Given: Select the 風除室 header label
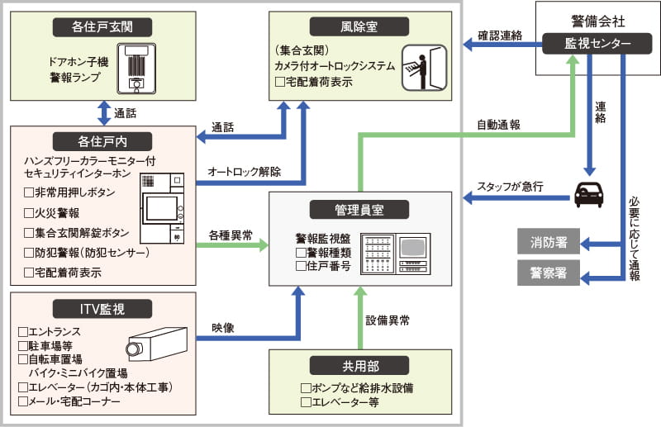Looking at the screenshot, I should click(364, 26).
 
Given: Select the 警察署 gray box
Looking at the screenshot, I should click(548, 273).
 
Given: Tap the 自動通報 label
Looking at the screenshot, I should click(498, 126).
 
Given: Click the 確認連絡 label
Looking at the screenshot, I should click(498, 36).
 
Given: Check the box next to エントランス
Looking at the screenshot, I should click(22, 331).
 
